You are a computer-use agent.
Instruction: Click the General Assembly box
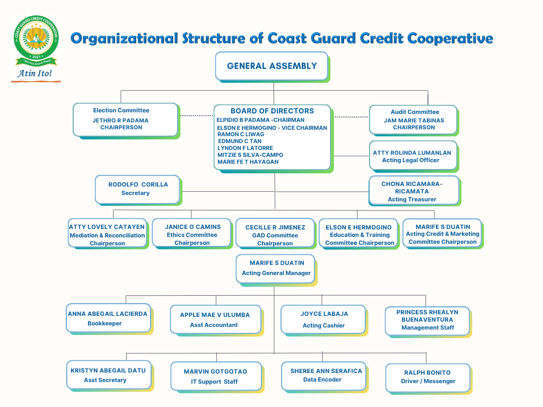pos(272,66)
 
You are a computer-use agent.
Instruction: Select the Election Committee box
pos(125,120)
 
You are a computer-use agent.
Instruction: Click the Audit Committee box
pos(414,120)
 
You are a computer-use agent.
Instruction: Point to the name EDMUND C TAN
pos(240,141)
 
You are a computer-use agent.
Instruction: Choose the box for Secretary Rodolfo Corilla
pos(137,189)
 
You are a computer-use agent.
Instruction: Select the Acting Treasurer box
pos(414,191)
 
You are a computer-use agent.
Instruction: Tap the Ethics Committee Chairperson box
pos(191,233)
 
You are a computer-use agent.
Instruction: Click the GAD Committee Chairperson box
pos(275,233)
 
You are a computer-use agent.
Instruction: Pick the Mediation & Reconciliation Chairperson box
pos(107,233)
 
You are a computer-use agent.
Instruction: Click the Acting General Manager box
pos(275,269)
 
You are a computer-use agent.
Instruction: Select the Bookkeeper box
pos(108,318)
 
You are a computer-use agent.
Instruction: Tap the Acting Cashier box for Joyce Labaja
pos(323,320)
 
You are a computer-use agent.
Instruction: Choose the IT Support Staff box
pos(216,376)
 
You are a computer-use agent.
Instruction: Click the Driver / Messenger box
pos(428,378)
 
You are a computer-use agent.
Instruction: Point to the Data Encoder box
pos(323,376)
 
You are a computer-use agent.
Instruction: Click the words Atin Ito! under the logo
pos(34,73)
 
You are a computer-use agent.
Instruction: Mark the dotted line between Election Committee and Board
pos(197,116)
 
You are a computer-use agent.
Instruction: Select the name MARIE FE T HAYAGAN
pos(248,162)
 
